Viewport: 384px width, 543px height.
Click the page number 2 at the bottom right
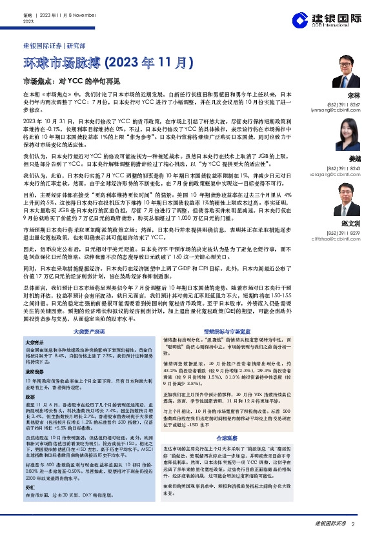click(354, 523)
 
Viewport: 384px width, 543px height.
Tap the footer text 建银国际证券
click(330, 523)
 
